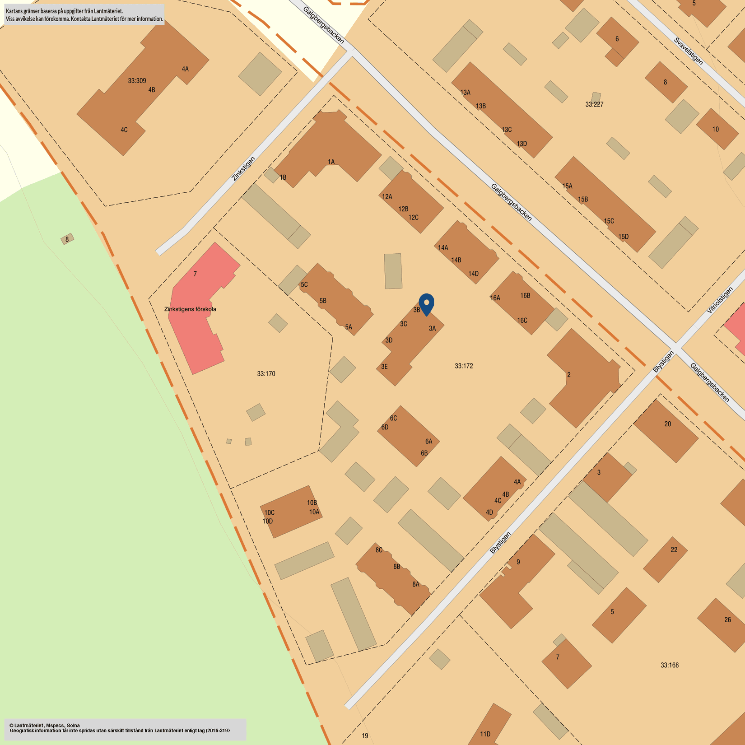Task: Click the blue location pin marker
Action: [426, 303]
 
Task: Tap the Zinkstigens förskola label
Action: [190, 309]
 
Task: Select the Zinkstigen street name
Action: [243, 169]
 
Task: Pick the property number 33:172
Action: [464, 366]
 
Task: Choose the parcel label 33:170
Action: [266, 373]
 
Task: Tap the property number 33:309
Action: [137, 81]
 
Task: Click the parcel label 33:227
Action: [594, 104]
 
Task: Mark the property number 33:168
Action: [669, 665]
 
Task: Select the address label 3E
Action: [384, 367]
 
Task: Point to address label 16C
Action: [522, 321]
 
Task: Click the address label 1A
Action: [331, 162]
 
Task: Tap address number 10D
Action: [268, 521]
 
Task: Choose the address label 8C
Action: [379, 550]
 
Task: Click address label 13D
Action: [521, 144]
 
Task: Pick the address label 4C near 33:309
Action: [124, 130]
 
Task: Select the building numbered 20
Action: [667, 424]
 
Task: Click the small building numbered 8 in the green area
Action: [67, 239]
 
